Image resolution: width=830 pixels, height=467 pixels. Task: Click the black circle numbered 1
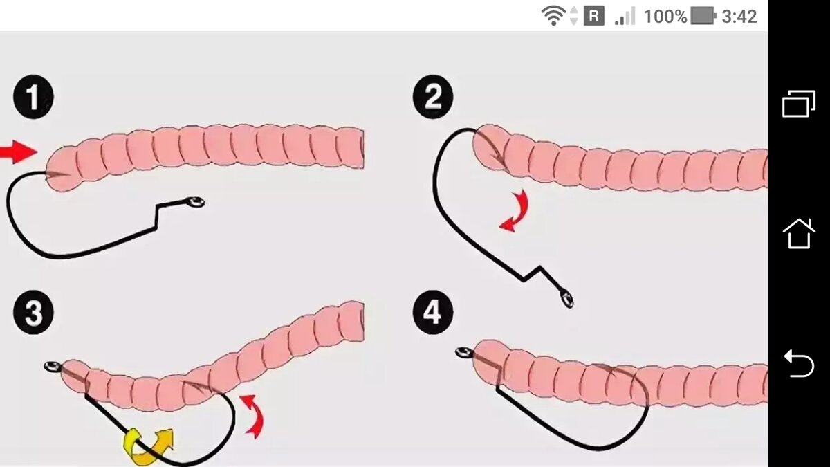[x=33, y=97]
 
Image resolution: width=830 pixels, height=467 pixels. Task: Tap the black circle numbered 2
[x=433, y=97]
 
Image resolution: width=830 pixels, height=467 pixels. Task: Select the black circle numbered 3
[x=33, y=312]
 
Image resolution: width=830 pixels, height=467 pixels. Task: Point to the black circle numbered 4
[x=433, y=312]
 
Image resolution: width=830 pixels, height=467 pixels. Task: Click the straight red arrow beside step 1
[x=19, y=152]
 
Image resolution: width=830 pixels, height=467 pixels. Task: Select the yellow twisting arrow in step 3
[x=148, y=447]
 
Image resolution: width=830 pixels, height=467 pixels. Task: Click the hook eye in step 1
[x=195, y=202]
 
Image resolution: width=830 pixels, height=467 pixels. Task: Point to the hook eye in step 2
[x=567, y=299]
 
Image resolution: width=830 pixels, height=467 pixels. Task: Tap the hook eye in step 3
[x=53, y=367]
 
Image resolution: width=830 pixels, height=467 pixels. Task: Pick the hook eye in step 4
[x=463, y=351]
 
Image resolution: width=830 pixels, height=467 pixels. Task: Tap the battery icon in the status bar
[x=703, y=17]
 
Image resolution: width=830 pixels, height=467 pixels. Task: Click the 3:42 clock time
[x=739, y=17]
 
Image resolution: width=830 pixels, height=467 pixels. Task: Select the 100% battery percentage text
[x=665, y=17]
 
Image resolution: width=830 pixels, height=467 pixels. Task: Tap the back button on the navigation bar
[x=799, y=363]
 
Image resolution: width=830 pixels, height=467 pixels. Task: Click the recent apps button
[x=799, y=104]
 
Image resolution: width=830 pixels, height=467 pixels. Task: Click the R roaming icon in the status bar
[x=594, y=17]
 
